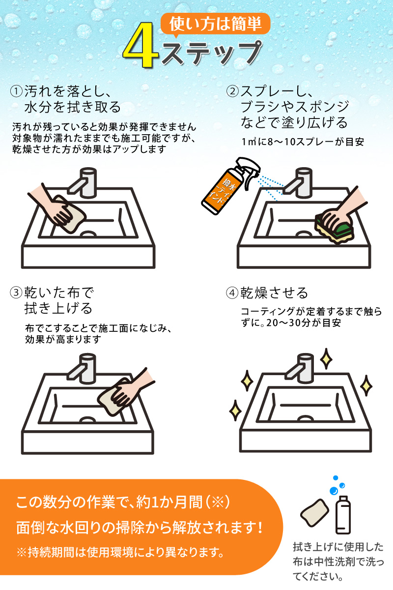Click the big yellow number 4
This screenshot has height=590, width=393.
(141, 45)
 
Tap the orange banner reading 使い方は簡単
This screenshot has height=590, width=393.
(215, 24)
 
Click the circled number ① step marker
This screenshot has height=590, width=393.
(16, 91)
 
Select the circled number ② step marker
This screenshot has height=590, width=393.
(232, 91)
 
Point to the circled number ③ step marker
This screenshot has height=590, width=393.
(16, 293)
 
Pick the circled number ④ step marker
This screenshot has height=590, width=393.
(232, 293)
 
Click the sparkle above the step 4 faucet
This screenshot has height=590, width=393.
(326, 358)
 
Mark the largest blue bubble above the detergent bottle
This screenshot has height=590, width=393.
(334, 491)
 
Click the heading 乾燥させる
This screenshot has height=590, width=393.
(274, 293)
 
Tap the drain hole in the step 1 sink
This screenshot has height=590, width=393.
(88, 234)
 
